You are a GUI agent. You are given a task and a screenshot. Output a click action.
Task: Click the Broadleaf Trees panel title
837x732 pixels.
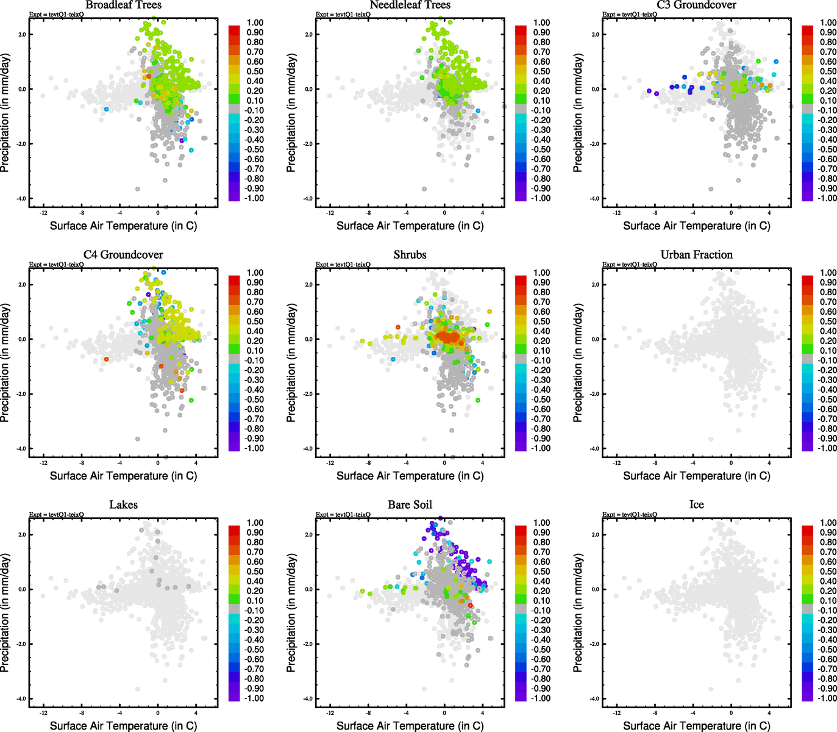tap(123, 5)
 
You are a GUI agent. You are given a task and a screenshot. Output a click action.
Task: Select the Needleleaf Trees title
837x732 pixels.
tap(410, 5)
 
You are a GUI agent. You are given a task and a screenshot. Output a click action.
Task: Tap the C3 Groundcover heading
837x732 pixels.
tap(696, 5)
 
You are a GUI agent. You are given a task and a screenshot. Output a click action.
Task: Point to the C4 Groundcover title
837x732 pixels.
tap(123, 254)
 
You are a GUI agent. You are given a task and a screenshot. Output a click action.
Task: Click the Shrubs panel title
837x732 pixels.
tap(410, 254)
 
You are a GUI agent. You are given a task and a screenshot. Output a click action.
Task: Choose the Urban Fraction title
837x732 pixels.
tap(696, 254)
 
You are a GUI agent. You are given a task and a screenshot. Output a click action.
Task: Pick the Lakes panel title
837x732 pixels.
tap(123, 504)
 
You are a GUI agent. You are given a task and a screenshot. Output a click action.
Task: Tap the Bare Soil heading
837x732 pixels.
tap(410, 504)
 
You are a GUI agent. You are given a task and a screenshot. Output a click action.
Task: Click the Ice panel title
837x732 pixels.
tap(696, 504)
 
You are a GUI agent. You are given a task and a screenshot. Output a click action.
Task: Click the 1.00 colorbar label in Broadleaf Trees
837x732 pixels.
tap(255, 23)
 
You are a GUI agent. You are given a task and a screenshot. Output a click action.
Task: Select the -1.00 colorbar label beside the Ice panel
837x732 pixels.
tap(827, 698)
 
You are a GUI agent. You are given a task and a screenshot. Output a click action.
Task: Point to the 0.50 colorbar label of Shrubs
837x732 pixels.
tap(541, 321)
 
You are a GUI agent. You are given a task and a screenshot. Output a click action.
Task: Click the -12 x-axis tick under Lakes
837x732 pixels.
tap(43, 712)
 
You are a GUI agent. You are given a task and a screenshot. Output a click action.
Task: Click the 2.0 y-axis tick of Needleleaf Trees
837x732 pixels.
tap(310, 34)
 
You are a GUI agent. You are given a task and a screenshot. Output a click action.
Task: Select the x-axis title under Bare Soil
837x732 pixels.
tap(410, 725)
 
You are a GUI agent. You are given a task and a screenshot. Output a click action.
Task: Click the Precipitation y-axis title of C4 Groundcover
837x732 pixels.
tap(5, 363)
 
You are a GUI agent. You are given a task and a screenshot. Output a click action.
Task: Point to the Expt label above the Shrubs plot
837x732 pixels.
tap(343, 264)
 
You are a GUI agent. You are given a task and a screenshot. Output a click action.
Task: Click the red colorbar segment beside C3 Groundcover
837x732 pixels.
tap(807, 29)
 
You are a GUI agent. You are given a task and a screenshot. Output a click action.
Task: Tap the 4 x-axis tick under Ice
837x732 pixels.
tap(769, 712)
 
